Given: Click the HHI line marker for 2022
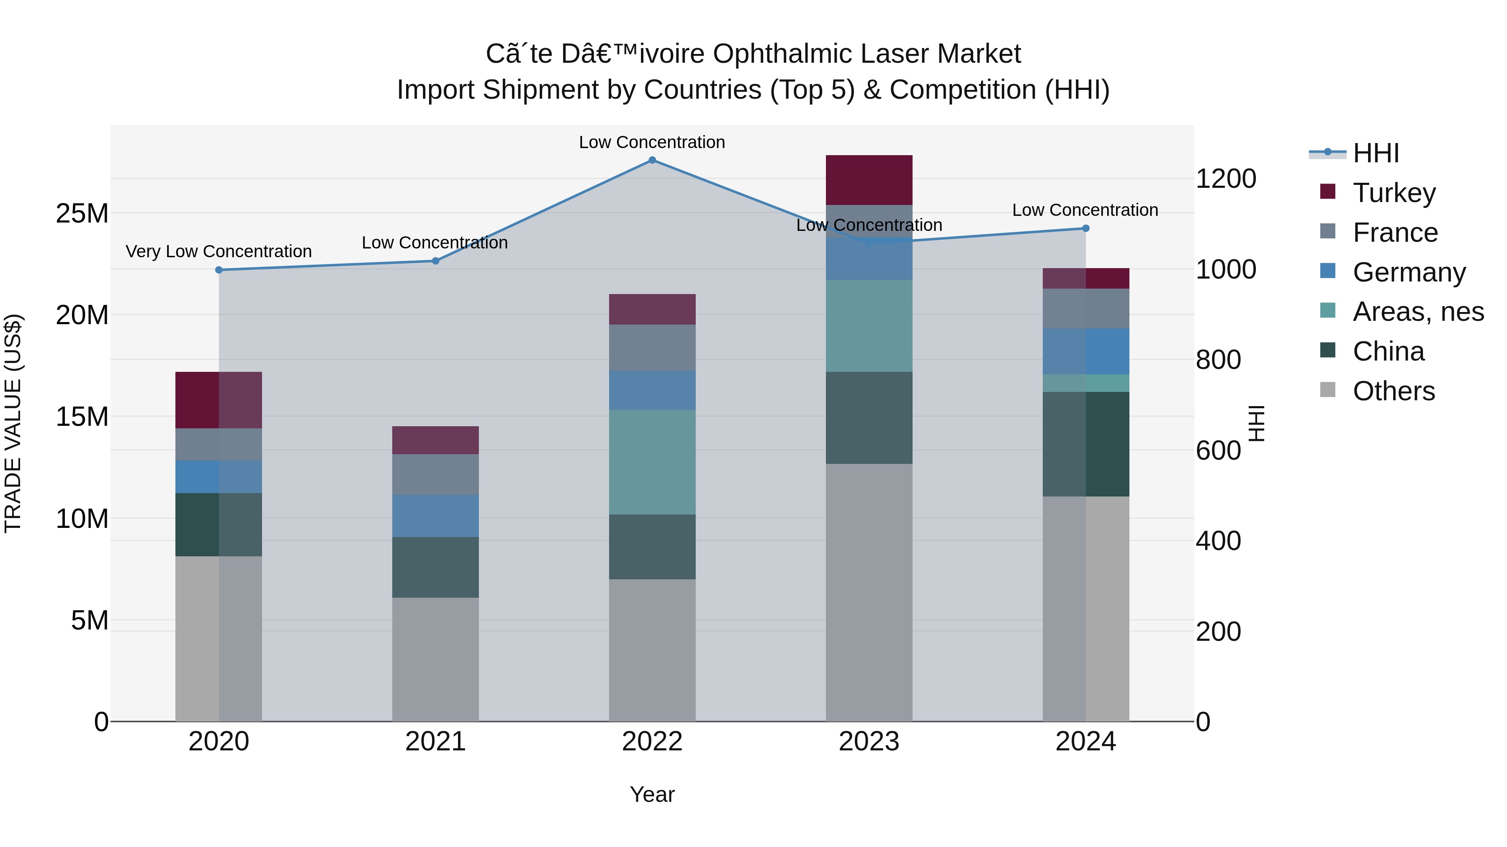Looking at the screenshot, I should [652, 160].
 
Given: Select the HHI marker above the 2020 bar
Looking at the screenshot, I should [219, 270].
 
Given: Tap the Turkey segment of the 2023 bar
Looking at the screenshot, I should [869, 180].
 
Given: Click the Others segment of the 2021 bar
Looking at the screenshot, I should [435, 659].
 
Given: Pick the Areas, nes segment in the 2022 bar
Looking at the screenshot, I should [652, 462].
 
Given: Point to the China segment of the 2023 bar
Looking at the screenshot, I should [869, 417].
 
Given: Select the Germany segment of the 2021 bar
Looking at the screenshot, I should [435, 516].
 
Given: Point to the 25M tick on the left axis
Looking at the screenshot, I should [82, 213].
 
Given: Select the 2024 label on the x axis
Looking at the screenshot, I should [1085, 742].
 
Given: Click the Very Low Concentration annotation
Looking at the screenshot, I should [219, 251].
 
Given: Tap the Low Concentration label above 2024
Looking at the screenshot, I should [1085, 210].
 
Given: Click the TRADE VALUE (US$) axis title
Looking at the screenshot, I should [13, 423].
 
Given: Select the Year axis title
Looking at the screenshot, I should [652, 794].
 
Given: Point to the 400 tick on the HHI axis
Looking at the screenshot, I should [1218, 541].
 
